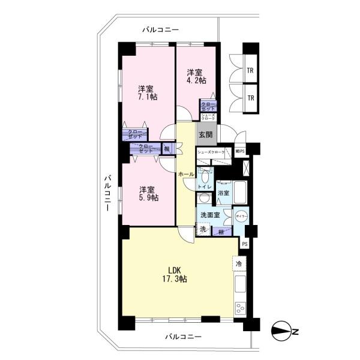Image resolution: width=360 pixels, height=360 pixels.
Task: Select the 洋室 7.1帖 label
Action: point(146,92)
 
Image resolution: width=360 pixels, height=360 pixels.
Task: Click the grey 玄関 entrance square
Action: point(205,134)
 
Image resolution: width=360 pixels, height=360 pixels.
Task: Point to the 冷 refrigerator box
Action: point(239,263)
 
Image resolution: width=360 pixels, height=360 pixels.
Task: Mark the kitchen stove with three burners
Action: point(240,310)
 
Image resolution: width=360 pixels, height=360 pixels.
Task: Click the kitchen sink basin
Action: point(241,284)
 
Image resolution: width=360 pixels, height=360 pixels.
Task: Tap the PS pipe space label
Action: point(244,244)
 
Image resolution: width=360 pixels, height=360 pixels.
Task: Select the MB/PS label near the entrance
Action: point(240,152)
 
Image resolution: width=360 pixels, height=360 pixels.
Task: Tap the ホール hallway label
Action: point(185,173)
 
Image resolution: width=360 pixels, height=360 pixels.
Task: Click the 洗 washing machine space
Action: point(203,229)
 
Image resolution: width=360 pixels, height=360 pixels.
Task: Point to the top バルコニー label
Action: point(160,29)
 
